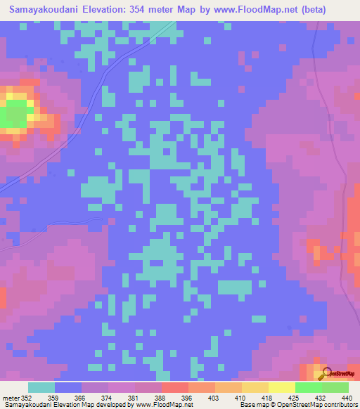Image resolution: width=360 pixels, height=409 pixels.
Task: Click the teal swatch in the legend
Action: pyautogui.click(x=41, y=387)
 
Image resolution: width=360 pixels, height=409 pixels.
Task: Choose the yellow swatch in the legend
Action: pyautogui.click(x=281, y=387)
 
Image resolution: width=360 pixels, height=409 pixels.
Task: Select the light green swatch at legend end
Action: pyautogui.click(x=335, y=387)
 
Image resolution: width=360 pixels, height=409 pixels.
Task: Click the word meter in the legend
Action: pyautogui.click(x=11, y=397)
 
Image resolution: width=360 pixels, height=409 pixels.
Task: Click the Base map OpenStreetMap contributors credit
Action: pyautogui.click(x=298, y=405)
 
